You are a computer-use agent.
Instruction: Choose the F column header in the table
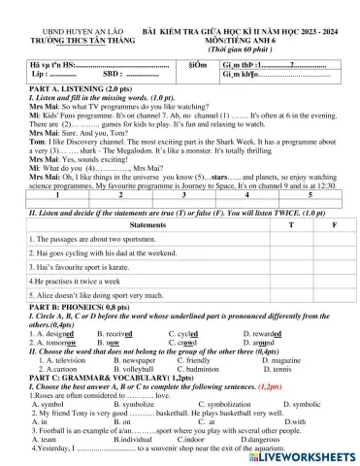333,223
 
